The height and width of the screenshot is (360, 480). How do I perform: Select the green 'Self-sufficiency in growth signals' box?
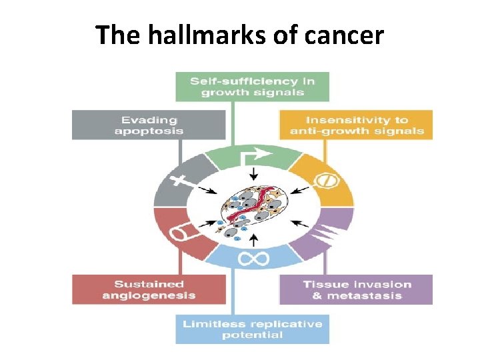point(252,87)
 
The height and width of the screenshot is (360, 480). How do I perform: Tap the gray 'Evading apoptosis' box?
point(149,125)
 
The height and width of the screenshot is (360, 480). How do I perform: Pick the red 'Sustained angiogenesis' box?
point(149,289)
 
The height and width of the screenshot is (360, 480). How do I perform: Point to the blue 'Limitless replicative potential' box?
point(252,329)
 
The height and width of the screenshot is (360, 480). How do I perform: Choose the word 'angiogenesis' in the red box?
point(149,295)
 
